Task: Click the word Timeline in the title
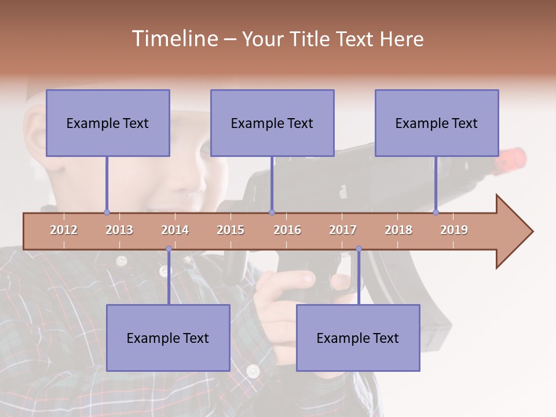[x=174, y=39]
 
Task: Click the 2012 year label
[x=64, y=230]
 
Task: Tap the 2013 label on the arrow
[x=119, y=230]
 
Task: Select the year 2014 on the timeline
[x=175, y=230]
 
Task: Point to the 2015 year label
[x=231, y=230]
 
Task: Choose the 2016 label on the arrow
[x=287, y=230]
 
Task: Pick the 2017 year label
[x=343, y=230]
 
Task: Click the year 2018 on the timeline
[x=398, y=230]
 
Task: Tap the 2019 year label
[x=454, y=230]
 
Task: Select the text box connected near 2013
[x=108, y=123]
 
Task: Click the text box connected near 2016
[x=272, y=123]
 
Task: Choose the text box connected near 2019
[x=437, y=123]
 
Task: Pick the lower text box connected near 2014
[x=168, y=338]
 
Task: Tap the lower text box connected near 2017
[x=358, y=338]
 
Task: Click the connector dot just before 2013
[x=107, y=212]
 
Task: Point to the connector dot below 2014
[x=169, y=249]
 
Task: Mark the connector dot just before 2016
[x=272, y=212]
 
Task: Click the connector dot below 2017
[x=359, y=249]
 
